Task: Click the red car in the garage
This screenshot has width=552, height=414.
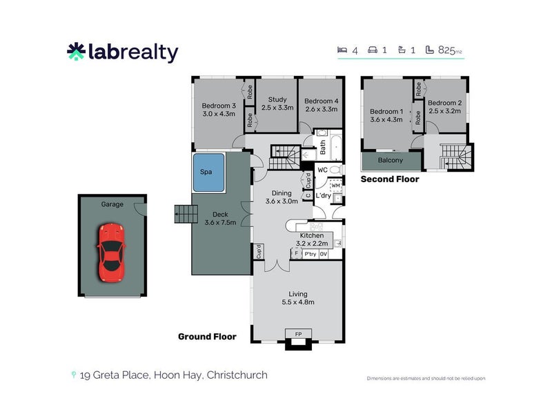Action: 110,252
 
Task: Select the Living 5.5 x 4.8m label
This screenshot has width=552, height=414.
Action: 297,298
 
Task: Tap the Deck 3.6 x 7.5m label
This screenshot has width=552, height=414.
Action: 220,218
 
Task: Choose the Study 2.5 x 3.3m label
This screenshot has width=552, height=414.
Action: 276,103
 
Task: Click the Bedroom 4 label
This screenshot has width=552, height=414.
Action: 320,103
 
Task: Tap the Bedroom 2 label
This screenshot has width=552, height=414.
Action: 445,106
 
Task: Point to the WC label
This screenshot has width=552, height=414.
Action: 322,169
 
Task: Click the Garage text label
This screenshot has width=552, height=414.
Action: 112,204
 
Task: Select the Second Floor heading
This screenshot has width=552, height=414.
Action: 390,179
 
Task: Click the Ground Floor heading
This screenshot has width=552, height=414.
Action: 207,337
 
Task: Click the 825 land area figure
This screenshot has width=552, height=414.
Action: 446,50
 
